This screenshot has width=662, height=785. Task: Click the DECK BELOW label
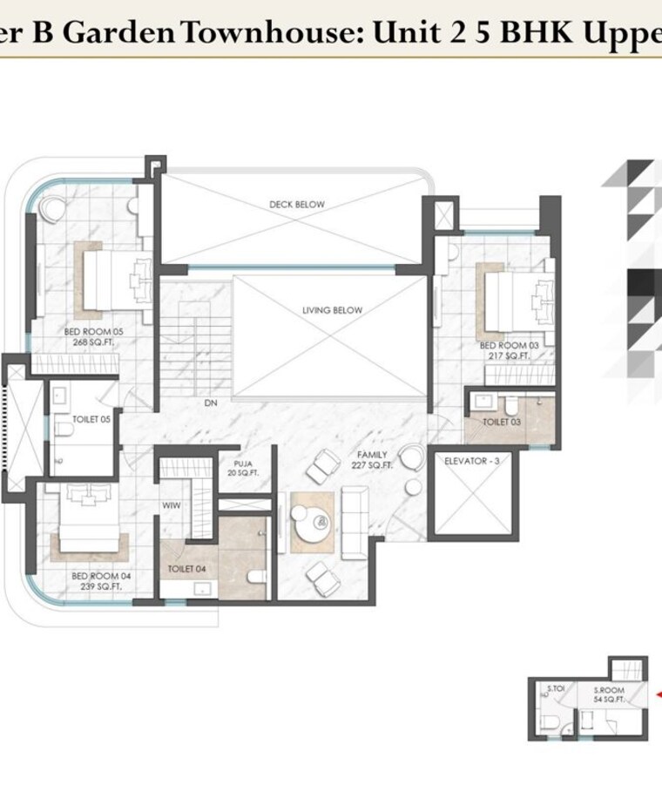296,205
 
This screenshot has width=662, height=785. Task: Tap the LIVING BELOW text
332,310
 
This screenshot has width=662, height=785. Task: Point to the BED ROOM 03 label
504,351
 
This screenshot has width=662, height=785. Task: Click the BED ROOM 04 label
96,581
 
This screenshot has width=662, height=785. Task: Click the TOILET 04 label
186,569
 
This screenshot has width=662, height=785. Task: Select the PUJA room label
243,469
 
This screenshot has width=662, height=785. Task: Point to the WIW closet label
170,504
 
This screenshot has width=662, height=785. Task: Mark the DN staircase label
210,403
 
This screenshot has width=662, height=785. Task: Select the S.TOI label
556,689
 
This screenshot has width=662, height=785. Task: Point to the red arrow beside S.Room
658,694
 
